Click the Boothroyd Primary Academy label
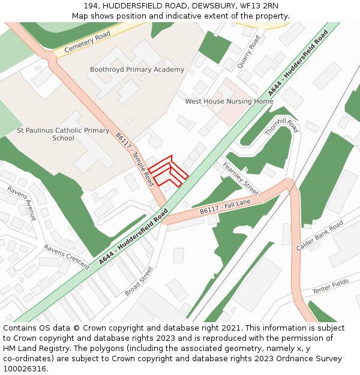137,70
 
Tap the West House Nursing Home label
229,101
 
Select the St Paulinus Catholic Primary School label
63,134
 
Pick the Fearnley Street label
239,179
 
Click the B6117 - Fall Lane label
226,208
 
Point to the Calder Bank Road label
319,235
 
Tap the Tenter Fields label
330,286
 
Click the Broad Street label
139,281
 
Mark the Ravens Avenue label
22,203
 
